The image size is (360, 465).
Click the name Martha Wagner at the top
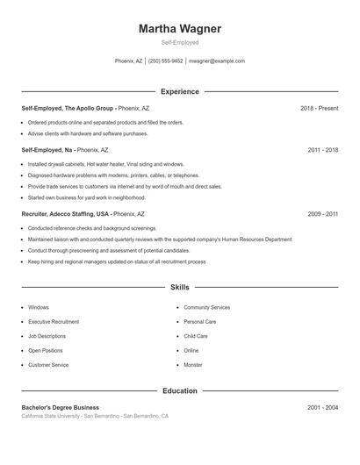[x=180, y=29]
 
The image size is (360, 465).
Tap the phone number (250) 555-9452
[x=166, y=61]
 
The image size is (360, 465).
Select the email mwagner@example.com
[x=218, y=61]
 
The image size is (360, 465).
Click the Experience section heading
[x=180, y=91]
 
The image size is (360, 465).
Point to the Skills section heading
[x=180, y=287]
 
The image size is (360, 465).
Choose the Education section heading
[x=180, y=390]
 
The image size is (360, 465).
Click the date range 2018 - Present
[x=319, y=108]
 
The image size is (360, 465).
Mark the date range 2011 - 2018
[x=323, y=150]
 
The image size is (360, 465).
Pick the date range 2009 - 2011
[x=323, y=213]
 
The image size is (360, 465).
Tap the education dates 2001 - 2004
[x=323, y=407]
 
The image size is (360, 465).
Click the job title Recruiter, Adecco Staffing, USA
[x=66, y=213]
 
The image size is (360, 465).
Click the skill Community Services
[x=207, y=308]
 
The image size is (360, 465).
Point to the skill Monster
[x=193, y=364]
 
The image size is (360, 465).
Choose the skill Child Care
[x=196, y=336]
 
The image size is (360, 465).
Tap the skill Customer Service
[x=48, y=364]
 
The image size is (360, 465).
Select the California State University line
[x=95, y=416]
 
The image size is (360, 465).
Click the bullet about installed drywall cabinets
[x=106, y=164]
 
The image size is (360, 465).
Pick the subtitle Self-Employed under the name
[x=180, y=42]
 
